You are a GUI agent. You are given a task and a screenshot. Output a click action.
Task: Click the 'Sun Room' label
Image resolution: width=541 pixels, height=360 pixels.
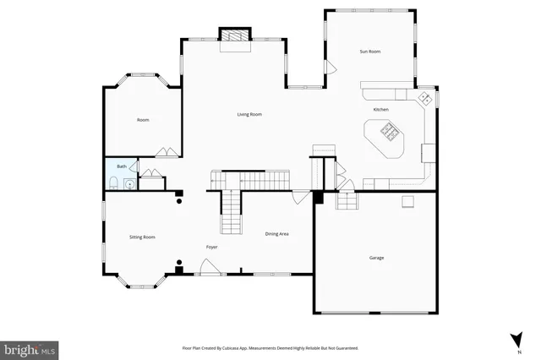(370, 52)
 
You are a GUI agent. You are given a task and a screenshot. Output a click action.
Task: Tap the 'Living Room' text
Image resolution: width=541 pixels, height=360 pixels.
(249, 114)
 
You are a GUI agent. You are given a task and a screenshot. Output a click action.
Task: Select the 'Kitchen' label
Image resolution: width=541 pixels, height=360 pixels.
(381, 110)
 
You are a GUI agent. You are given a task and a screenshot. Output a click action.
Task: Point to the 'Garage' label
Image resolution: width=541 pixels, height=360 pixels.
(376, 257)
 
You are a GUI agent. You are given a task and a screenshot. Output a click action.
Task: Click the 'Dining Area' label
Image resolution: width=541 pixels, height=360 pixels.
(277, 233)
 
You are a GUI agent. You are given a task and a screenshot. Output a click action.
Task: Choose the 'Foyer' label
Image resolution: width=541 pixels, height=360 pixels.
(211, 247)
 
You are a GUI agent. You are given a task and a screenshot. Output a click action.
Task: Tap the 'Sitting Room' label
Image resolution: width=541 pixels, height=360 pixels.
(142, 237)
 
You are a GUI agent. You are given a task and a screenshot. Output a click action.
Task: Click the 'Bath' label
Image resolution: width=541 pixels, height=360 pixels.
(121, 166)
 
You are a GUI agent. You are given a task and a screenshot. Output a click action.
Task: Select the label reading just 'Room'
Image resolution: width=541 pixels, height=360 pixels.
(143, 120)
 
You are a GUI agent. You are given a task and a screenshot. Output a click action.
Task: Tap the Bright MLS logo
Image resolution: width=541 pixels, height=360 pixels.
(29, 348)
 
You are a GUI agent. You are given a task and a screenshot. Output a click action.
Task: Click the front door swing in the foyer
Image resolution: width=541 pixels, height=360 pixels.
(208, 267)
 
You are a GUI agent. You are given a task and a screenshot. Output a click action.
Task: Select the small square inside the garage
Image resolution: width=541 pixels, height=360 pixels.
(407, 200)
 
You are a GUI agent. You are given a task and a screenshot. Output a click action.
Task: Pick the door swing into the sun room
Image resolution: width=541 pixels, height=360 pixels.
(330, 68)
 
